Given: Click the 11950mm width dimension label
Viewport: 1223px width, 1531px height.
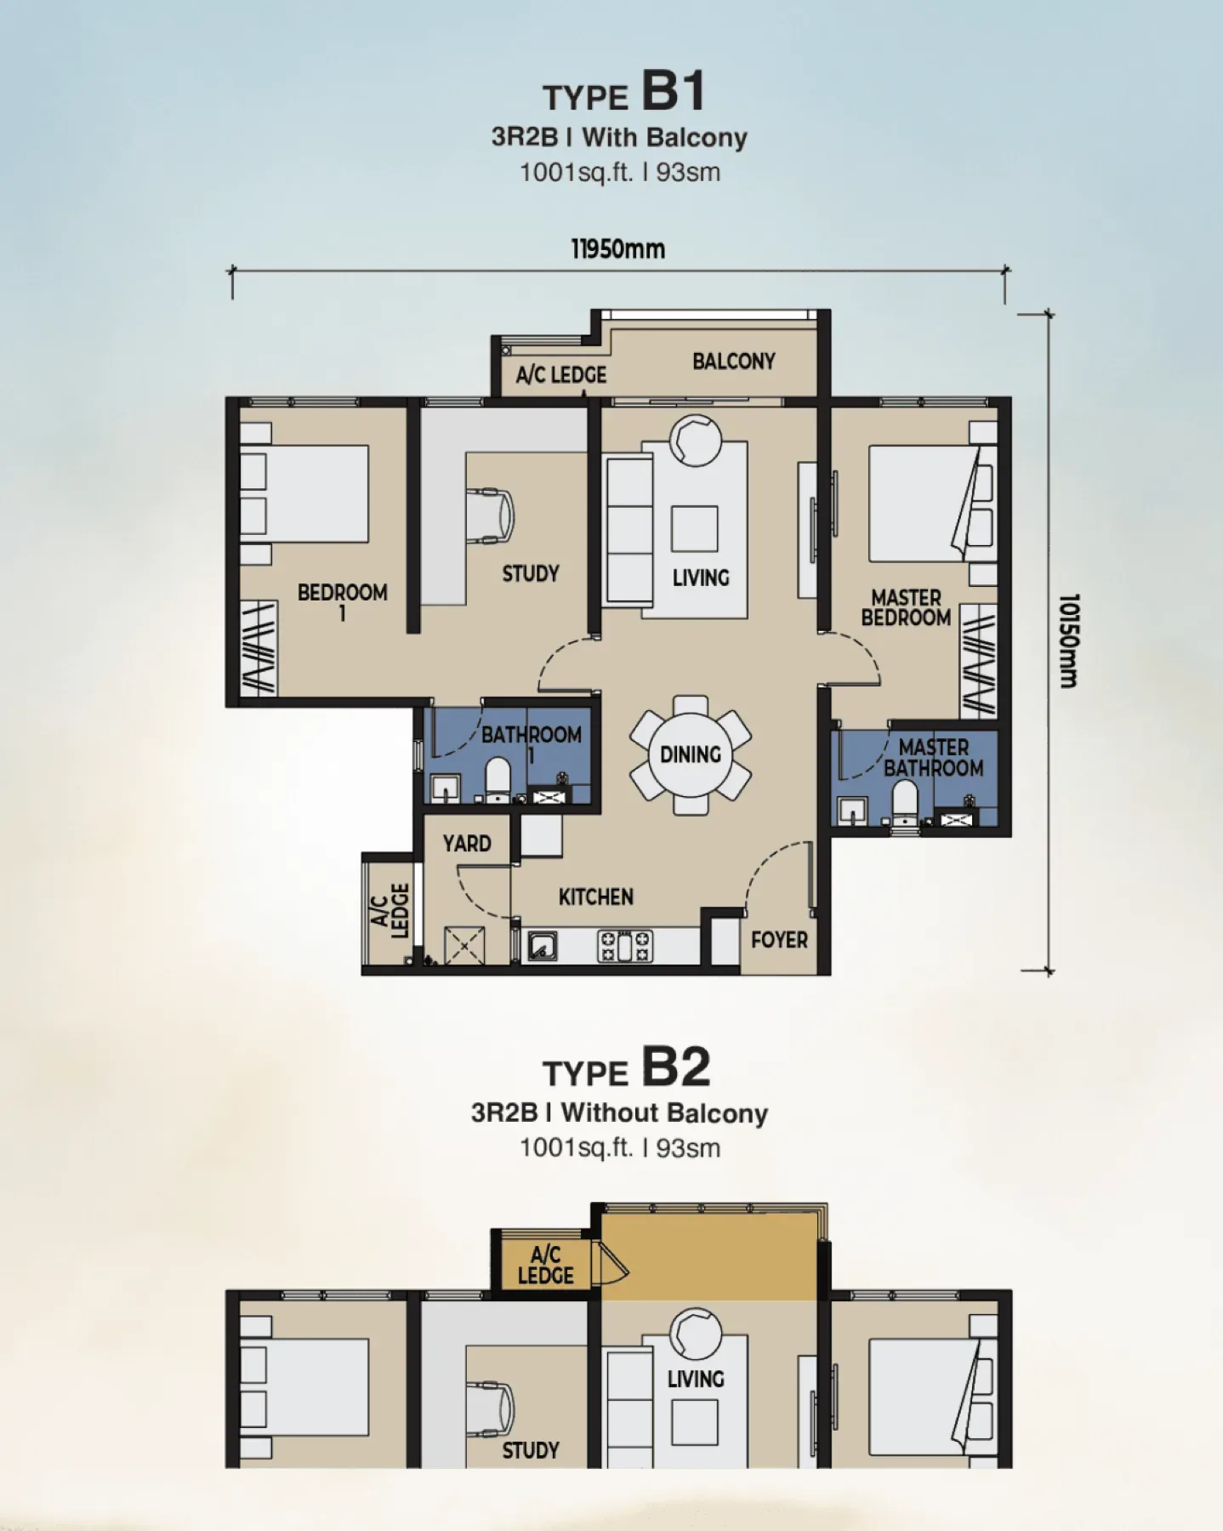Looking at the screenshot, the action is [x=617, y=249].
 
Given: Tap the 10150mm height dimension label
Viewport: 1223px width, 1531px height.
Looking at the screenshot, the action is [x=1068, y=640].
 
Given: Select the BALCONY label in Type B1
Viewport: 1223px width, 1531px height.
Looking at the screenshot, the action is [x=733, y=361].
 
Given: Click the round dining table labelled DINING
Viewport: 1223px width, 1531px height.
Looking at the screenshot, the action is [x=691, y=754].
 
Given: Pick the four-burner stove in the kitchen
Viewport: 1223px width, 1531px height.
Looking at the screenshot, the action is [x=626, y=946].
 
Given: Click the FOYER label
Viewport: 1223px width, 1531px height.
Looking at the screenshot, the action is [x=779, y=940].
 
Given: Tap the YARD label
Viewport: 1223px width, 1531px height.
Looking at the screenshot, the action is [x=467, y=844].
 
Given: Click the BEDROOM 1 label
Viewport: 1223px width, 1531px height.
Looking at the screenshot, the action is [x=342, y=601].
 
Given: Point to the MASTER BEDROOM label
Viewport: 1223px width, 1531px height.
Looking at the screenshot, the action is [x=906, y=607].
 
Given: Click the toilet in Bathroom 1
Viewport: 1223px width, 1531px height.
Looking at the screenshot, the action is [x=498, y=779].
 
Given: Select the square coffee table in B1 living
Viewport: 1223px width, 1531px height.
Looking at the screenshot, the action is [x=694, y=528].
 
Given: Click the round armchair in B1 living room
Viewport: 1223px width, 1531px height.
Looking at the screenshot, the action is [x=696, y=440].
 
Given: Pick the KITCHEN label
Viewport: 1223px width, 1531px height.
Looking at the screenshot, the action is [x=595, y=896].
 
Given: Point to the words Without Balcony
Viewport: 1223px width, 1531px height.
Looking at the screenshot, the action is [x=664, y=1113].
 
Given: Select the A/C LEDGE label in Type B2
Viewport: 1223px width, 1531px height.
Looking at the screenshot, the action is [x=545, y=1265].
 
